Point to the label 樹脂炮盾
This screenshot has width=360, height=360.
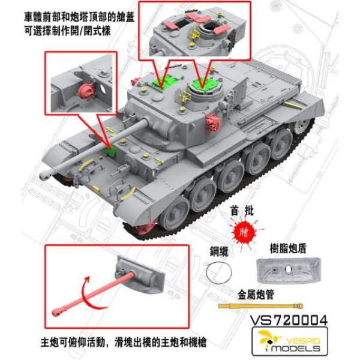tap(286, 248)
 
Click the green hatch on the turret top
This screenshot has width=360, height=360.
tap(205, 88)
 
